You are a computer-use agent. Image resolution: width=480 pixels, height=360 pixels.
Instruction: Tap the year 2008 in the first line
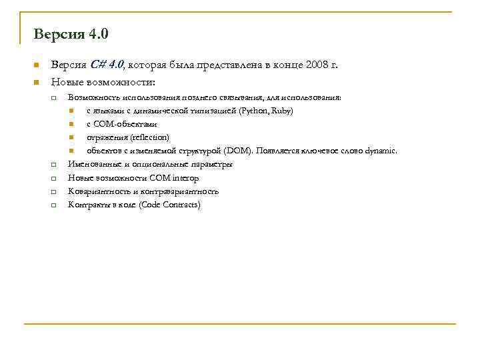click(317, 65)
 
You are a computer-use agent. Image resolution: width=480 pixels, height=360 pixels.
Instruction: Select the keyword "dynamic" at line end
click(381, 151)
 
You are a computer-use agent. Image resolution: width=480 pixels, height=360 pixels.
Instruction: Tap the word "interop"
click(185, 178)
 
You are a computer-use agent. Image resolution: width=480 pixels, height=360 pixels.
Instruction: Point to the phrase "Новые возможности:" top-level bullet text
click(103, 82)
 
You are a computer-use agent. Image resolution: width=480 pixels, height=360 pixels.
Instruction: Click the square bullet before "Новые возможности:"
click(37, 83)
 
